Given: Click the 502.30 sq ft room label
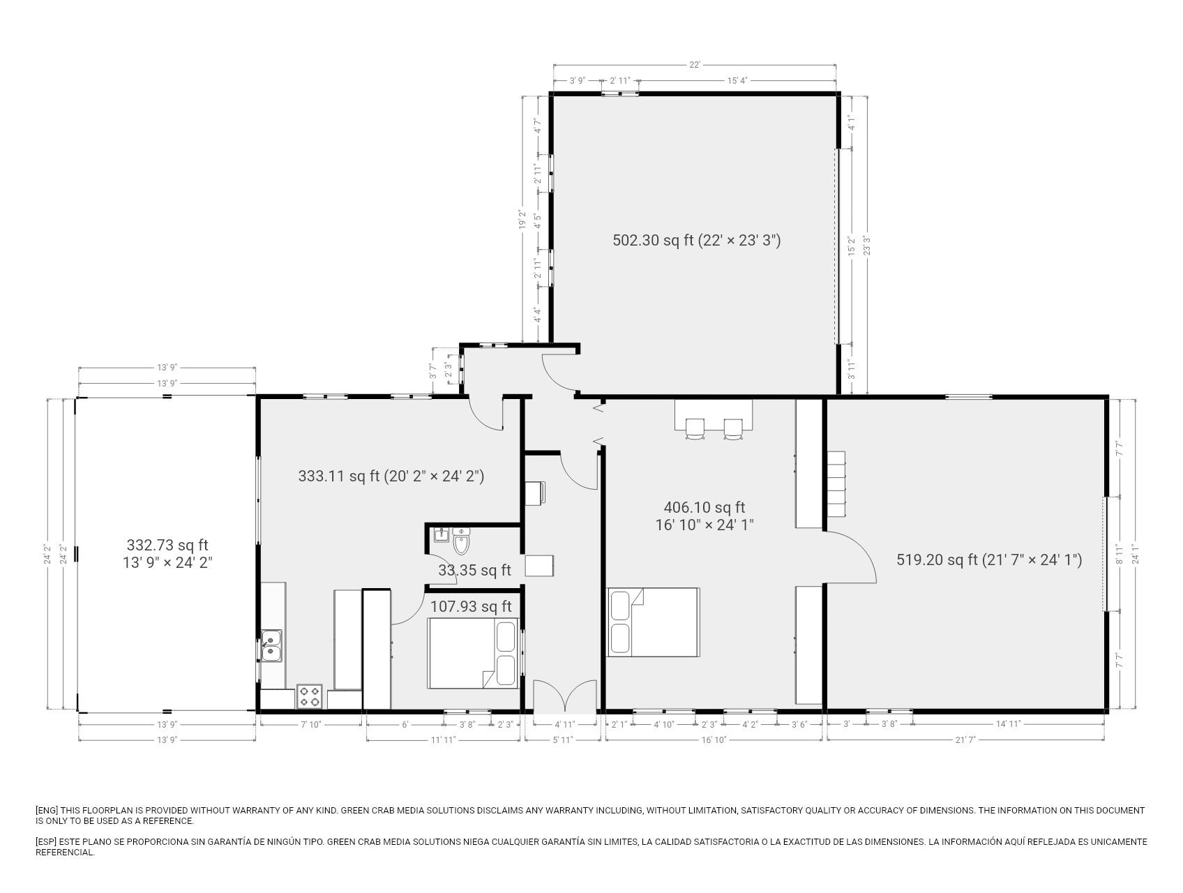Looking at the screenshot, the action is point(696,241).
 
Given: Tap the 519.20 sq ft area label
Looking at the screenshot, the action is point(989,560).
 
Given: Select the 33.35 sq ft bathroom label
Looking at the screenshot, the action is point(474,571).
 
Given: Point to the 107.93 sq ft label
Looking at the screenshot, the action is point(471,607).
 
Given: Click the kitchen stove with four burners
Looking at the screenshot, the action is point(310,696).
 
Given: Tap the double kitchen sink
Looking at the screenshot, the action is point(271,645).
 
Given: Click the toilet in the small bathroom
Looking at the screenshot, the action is point(461,540).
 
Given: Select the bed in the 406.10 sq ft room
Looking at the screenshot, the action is point(654,622).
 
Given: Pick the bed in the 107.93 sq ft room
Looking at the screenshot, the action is point(473,654).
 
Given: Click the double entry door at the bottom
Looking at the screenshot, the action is point(565,696).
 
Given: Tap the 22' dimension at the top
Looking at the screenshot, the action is point(695,65).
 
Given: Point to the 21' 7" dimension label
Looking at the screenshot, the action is point(965,740).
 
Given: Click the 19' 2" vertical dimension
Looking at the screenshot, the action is point(522,220).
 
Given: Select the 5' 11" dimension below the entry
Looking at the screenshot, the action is point(562,740).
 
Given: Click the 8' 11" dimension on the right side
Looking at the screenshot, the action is point(1120,554).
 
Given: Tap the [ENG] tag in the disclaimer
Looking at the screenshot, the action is point(47,811).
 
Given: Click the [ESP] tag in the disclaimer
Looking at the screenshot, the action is point(47,842).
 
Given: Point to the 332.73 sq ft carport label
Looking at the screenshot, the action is point(167,554).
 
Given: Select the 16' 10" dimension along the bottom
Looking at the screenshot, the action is point(714,740).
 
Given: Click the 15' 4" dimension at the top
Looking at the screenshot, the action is point(737,81).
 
